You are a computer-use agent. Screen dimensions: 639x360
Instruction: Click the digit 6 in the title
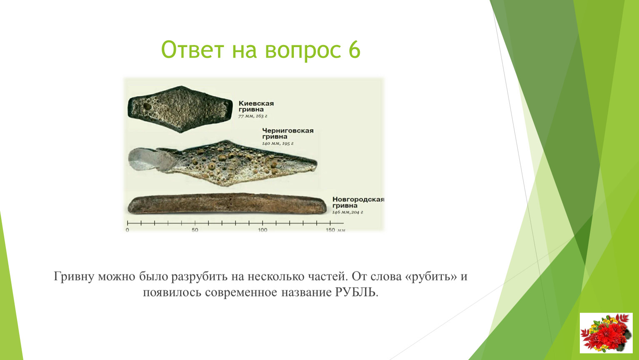tap(354, 50)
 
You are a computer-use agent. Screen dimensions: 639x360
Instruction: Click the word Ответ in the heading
tap(192, 50)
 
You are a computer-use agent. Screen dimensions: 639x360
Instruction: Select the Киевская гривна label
tap(256, 106)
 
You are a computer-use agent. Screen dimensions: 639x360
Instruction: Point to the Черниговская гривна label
tap(288, 133)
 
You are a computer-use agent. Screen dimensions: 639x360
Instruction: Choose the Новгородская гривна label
tap(358, 202)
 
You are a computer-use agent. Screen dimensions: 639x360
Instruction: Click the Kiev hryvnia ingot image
tap(180, 109)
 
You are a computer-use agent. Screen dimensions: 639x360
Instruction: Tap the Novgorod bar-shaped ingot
tap(227, 204)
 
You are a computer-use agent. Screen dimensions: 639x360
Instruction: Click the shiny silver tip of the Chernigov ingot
tap(149, 160)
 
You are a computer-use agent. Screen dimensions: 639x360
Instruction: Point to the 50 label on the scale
tap(195, 230)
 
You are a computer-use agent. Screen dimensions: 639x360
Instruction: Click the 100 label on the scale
tap(263, 230)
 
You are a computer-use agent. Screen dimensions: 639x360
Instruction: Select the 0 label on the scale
tap(127, 230)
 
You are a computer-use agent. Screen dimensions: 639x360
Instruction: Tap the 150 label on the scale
tap(331, 230)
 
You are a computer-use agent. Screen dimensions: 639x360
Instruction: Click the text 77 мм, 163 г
tap(253, 116)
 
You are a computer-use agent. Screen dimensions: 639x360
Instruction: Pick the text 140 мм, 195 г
tap(278, 143)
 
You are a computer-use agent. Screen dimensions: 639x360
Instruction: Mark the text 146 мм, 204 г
tap(348, 212)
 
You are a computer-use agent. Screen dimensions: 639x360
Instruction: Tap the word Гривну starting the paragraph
tap(74, 276)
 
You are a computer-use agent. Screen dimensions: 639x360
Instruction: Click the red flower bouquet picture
tap(606, 333)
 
